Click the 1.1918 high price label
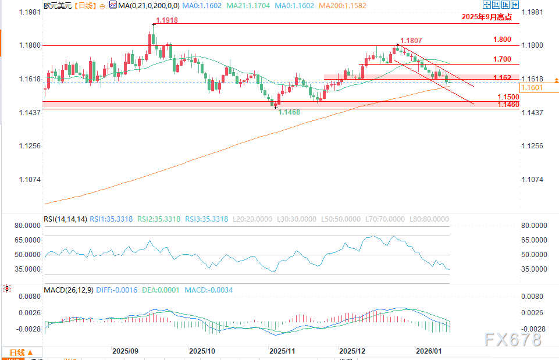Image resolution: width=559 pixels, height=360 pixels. pos(166,20)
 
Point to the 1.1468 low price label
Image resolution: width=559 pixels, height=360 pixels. pos(290,112)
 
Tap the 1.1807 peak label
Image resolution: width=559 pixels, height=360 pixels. pos(411,41)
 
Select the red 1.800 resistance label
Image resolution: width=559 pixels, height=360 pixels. pos(501,40)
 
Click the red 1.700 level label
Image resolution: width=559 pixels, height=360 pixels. pos(501,59)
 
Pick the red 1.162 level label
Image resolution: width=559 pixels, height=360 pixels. pos(502,77)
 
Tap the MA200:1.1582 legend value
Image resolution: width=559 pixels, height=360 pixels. pos(343,5)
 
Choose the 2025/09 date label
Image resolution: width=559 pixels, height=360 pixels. pos(124,351)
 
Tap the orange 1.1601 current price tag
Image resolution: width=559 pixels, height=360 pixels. pos(532,88)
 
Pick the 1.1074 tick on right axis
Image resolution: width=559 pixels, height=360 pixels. pos(533,180)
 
